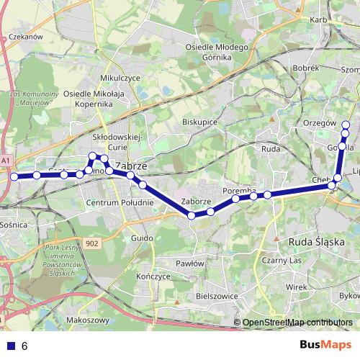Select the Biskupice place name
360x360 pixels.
click(200, 122)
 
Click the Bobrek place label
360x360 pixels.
click(307, 67)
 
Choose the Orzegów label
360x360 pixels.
click(321, 122)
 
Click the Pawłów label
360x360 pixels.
click(190, 264)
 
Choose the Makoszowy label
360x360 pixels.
click(86, 320)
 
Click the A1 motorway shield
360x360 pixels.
click(6, 160)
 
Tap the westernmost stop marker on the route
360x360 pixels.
click(14, 176)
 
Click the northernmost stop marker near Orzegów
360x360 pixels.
click(346, 125)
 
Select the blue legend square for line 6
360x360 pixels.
click(10, 346)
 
